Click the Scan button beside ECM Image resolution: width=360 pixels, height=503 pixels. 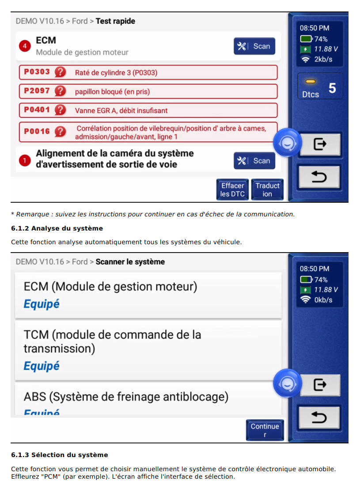[x=254, y=46]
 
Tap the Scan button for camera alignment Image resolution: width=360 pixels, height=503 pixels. [x=254, y=161]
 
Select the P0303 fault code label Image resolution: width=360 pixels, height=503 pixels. [x=37, y=72]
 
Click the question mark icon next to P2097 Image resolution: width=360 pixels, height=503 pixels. [x=60, y=91]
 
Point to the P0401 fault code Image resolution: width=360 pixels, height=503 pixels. [x=37, y=110]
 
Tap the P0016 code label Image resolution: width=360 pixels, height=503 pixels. [x=37, y=131]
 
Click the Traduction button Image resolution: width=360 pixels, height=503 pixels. [x=267, y=190]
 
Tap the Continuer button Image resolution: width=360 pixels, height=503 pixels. [x=265, y=430]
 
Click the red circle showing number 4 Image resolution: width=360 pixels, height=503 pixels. [x=25, y=46]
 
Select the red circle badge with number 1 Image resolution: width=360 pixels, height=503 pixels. [x=25, y=160]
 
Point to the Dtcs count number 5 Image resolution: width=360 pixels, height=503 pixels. [x=332, y=88]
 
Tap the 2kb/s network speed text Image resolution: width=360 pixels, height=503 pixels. [x=323, y=59]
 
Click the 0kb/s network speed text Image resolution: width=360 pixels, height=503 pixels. [x=323, y=300]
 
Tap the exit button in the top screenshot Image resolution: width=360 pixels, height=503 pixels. [x=320, y=144]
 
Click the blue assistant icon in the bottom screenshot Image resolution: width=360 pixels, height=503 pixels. [x=287, y=383]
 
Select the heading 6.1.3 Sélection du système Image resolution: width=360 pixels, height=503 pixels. [x=60, y=455]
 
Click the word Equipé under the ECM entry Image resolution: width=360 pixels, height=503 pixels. [x=42, y=304]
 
